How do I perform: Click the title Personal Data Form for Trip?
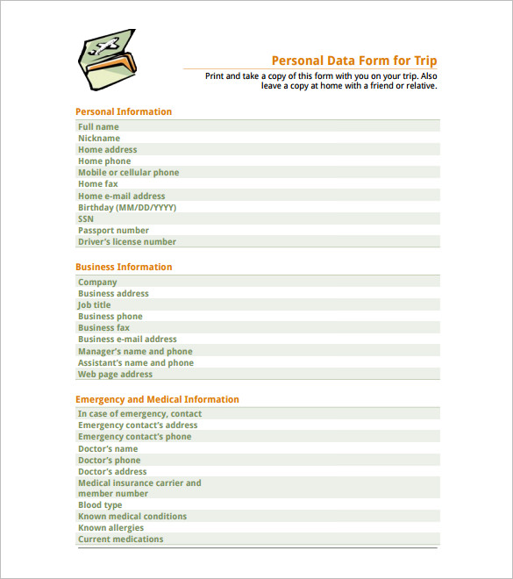(353, 61)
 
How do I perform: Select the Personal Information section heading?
(124, 112)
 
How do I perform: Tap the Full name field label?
(98, 127)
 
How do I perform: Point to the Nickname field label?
(99, 139)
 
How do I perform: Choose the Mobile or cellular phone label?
(128, 173)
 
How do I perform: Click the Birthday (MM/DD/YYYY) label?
(127, 208)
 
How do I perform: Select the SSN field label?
(86, 219)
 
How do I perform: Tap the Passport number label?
(113, 231)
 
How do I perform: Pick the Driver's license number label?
(127, 242)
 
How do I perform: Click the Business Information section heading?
(124, 268)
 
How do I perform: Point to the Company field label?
(97, 282)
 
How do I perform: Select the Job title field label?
(95, 305)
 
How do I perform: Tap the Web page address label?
(115, 375)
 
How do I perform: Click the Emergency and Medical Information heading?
(157, 400)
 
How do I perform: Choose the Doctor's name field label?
(108, 449)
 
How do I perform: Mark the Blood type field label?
(100, 505)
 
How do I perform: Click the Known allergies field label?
(110, 528)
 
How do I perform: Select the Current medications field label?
(120, 540)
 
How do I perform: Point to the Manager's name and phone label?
(136, 352)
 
